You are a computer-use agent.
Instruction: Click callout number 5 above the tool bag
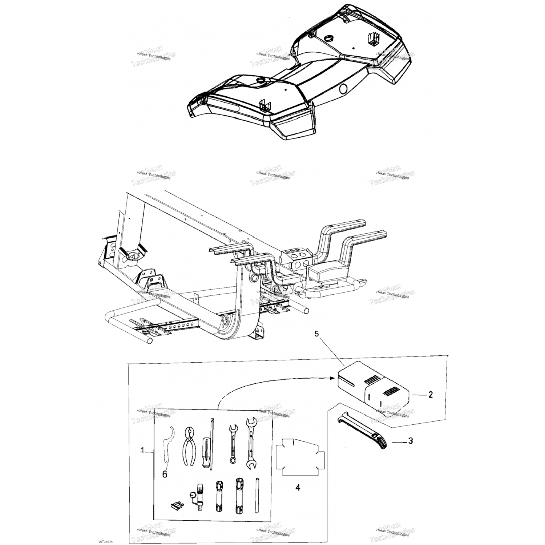pos(316,334)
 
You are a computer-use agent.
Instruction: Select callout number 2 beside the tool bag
pos(430,395)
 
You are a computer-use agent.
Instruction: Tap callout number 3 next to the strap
pos(411,441)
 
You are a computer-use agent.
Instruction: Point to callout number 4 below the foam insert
pos(298,488)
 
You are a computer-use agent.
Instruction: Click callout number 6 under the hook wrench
pos(165,475)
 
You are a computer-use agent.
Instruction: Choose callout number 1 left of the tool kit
pos(142,451)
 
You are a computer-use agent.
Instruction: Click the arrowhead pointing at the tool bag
pos(332,378)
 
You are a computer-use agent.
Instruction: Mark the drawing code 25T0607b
pos(106,542)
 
